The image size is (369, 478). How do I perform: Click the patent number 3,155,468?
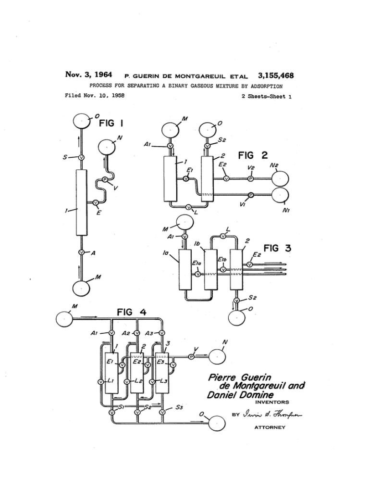276,75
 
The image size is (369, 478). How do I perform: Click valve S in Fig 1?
81,157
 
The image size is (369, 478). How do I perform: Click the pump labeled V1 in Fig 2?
250,195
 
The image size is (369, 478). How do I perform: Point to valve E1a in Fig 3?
197,274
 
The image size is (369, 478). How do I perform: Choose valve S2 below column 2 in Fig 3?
236,301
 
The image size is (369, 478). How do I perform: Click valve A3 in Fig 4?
162,333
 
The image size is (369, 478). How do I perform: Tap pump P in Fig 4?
191,357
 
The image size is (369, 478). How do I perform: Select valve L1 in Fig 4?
100,382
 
